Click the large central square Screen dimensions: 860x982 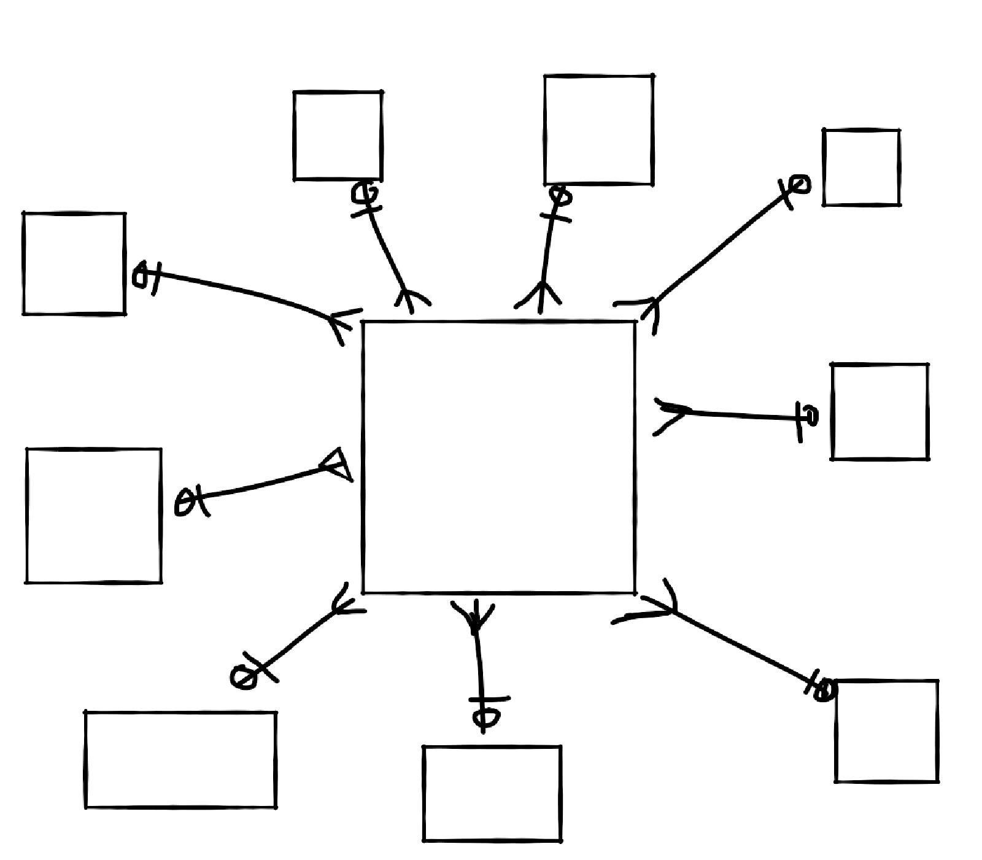click(498, 457)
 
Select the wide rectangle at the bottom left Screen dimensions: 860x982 click(180, 759)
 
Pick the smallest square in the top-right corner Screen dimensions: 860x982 click(861, 167)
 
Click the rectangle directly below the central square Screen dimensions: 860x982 click(492, 792)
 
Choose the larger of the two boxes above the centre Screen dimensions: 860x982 click(598, 130)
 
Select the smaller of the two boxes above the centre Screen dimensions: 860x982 click(338, 136)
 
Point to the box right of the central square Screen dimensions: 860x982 click(879, 411)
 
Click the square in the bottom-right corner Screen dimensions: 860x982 click(886, 730)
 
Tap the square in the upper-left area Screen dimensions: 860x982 click(74, 263)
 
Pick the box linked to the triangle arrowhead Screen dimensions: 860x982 click(94, 515)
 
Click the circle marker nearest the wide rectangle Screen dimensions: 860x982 click(242, 677)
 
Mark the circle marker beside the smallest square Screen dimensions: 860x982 click(798, 184)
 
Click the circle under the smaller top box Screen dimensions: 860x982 click(364, 193)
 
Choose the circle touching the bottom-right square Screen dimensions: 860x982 click(826, 690)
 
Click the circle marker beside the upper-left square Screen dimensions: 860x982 click(141, 276)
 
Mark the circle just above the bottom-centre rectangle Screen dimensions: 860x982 click(485, 718)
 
